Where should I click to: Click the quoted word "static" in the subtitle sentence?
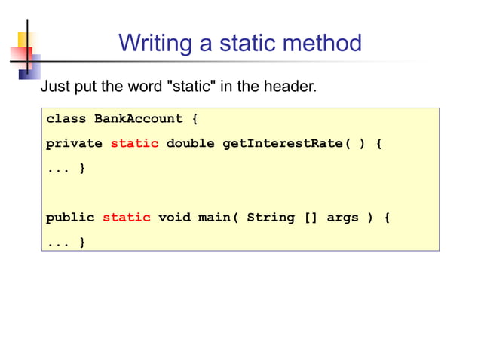pos(193,87)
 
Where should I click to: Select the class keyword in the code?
pos(66,119)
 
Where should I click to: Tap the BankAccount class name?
pos(138,119)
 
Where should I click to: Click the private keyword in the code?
pos(74,143)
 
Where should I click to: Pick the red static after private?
pos(134,143)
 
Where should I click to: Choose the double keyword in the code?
pos(190,143)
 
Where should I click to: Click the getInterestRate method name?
pos(286,143)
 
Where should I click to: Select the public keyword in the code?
pos(70,218)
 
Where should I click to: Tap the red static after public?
pos(126,218)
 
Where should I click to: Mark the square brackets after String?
pos(311,218)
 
